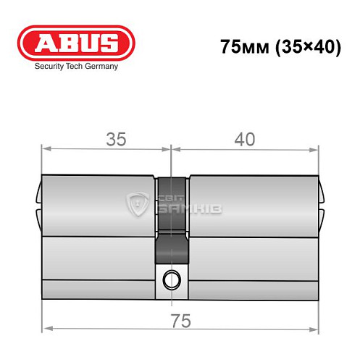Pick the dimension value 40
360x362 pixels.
245,140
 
